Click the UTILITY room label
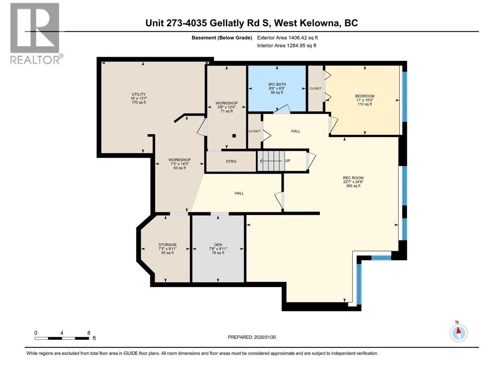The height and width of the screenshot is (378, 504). tap(139, 94)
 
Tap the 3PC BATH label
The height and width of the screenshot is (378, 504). tap(277, 84)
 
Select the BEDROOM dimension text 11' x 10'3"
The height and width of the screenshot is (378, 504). tap(364, 100)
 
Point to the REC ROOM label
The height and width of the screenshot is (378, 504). tap(353, 178)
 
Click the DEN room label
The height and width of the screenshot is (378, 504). tap(218, 245)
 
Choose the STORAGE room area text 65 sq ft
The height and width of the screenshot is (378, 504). tap(167, 253)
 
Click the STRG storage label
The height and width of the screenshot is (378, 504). tap(231, 161)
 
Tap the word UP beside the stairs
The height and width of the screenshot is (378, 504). tap(287, 161)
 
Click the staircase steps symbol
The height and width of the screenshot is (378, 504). tap(271, 161)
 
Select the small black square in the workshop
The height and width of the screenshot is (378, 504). tap(234, 136)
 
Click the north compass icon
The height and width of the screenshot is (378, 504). tap(459, 333)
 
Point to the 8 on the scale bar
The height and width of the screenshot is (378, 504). tap(89, 333)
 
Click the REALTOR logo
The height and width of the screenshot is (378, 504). tap(35, 33)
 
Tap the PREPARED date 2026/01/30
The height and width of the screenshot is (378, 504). tap(265, 337)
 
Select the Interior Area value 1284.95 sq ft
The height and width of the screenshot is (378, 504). tap(301, 46)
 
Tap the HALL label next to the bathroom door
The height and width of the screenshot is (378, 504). tap(295, 131)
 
